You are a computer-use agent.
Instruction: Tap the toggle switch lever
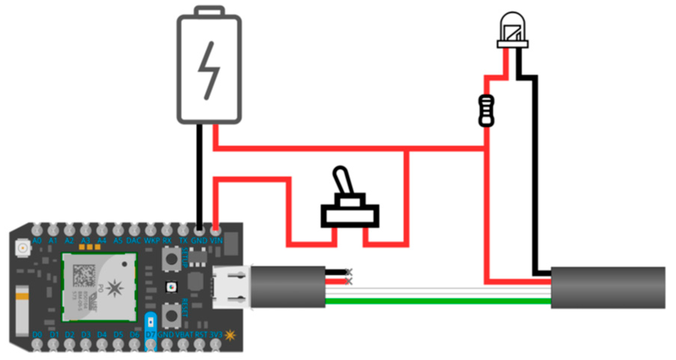[x=343, y=181]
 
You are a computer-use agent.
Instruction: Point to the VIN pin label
[x=216, y=240]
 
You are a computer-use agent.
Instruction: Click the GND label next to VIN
[x=199, y=240]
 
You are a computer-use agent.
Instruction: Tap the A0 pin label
[x=37, y=240]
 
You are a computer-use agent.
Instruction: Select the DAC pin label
[x=134, y=240]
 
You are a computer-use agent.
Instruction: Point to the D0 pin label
[x=37, y=334]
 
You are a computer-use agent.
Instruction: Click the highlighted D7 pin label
[x=150, y=334]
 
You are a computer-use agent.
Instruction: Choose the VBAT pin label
[x=184, y=334]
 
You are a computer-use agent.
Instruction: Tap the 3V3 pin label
[x=216, y=334]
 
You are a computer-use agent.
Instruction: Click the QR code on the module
[x=84, y=275]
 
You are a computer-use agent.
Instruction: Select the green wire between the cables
[x=436, y=301]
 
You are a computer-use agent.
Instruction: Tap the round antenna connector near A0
[x=22, y=248]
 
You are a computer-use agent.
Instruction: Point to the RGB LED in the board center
[x=171, y=287]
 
